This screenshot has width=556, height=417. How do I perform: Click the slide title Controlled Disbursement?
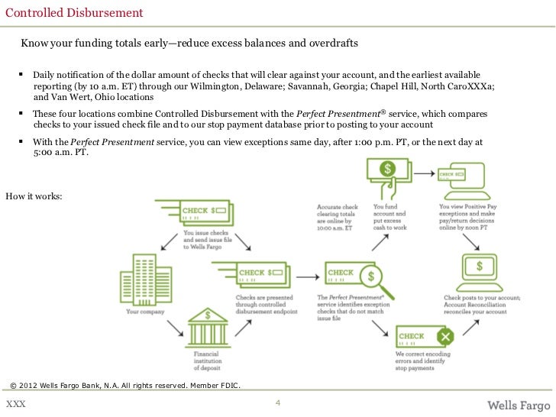click(74, 13)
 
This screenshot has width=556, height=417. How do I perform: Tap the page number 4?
click(278, 402)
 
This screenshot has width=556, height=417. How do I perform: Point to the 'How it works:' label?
click(35, 196)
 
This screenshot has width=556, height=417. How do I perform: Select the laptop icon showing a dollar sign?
click(479, 270)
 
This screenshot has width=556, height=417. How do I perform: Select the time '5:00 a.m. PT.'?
click(61, 153)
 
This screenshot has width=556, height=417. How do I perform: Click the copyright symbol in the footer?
click(12, 384)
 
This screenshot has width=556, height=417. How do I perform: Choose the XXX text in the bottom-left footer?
click(15, 403)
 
